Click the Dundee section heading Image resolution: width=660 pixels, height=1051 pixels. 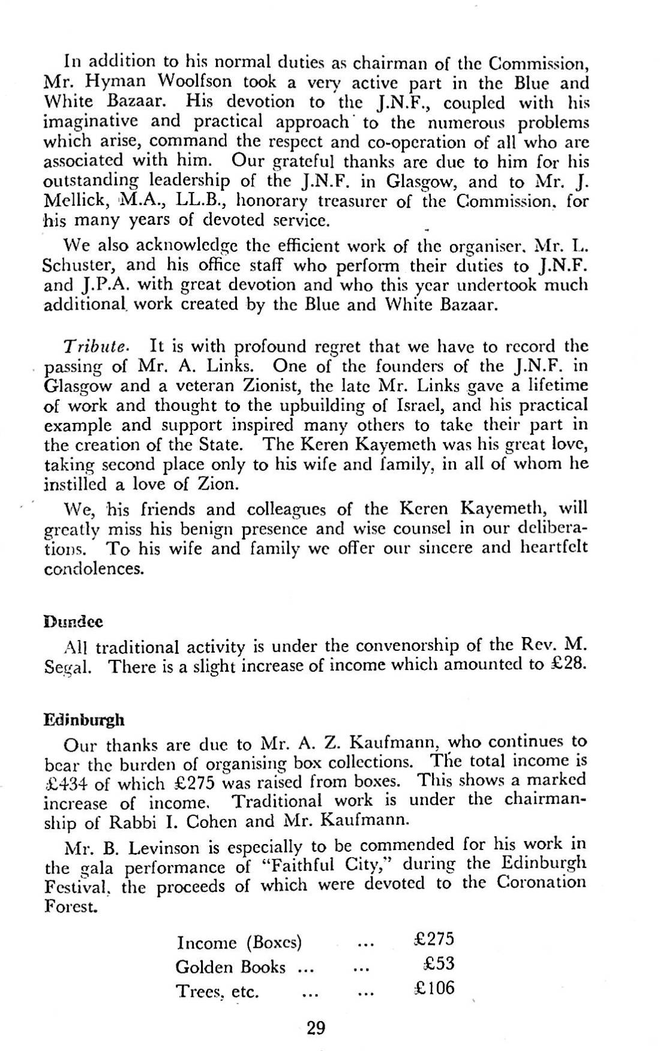click(x=74, y=621)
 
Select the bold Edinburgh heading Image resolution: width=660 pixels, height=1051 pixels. click(x=85, y=719)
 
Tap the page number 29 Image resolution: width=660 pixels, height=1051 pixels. click(x=316, y=1029)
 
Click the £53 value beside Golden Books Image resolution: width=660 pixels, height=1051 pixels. click(x=439, y=964)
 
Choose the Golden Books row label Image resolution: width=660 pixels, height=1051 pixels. click(x=230, y=966)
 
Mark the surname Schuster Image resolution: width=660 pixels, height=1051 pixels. click(x=75, y=266)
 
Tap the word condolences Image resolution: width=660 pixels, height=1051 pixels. click(x=94, y=569)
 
